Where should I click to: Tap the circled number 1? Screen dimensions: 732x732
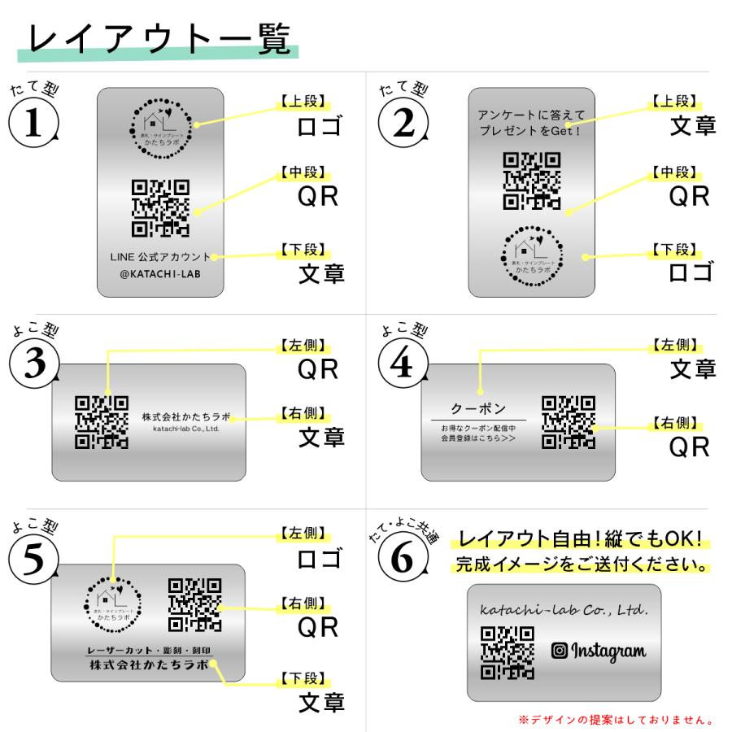pyautogui.click(x=33, y=124)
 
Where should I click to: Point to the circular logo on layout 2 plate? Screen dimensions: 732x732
pyautogui.click(x=531, y=255)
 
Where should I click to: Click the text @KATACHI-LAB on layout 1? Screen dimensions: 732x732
pyautogui.click(x=160, y=275)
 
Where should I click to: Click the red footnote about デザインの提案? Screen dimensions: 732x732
pyautogui.click(x=617, y=719)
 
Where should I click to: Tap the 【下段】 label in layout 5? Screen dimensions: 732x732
pyautogui.click(x=300, y=678)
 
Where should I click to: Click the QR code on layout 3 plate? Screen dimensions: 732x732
pyautogui.click(x=101, y=421)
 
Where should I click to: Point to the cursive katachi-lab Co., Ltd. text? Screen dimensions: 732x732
pyautogui.click(x=564, y=609)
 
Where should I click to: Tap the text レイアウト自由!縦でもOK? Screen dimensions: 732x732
pyautogui.click(x=581, y=539)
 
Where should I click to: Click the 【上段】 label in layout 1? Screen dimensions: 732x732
pyautogui.click(x=300, y=102)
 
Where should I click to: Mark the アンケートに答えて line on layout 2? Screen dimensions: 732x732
pyautogui.click(x=530, y=117)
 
